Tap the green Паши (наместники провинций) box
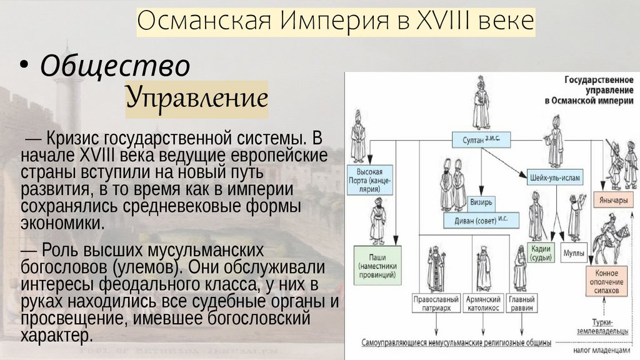pyautogui.click(x=376, y=266)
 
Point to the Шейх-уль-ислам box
pyautogui.click(x=554, y=177)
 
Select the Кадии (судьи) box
pyautogui.click(x=541, y=252)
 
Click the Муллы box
pyautogui.click(x=574, y=252)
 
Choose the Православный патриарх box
pyautogui.click(x=433, y=304)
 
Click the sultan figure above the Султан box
pyautogui.click(x=481, y=103)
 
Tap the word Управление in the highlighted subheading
pyautogui.click(x=197, y=98)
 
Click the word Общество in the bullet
pyautogui.click(x=115, y=66)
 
